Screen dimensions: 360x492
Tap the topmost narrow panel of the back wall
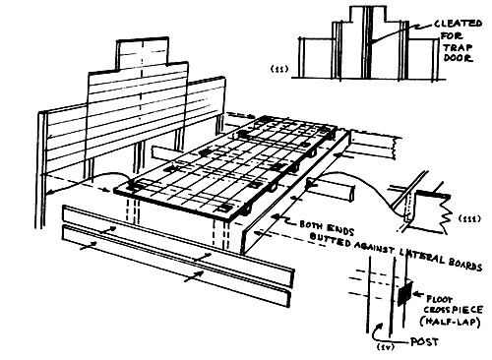tap(149, 53)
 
